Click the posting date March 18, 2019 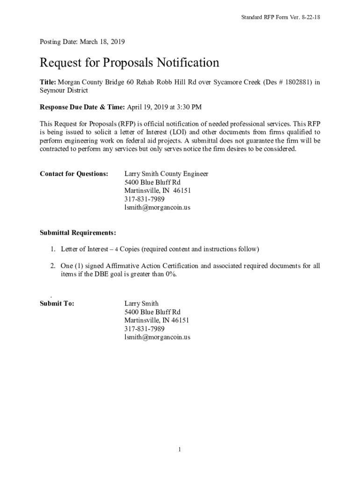coord(102,42)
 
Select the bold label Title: coord(48,82)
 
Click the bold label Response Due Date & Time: coord(82,107)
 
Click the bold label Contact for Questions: coord(74,174)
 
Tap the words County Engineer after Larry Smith coord(185,174)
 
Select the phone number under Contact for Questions coord(144,199)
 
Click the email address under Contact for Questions coord(157,208)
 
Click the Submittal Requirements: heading coord(78,232)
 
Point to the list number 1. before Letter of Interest coord(54,249)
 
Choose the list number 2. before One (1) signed coord(54,266)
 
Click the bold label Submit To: coord(57,304)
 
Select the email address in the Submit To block coord(157,337)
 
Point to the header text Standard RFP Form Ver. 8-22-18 coord(280,17)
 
